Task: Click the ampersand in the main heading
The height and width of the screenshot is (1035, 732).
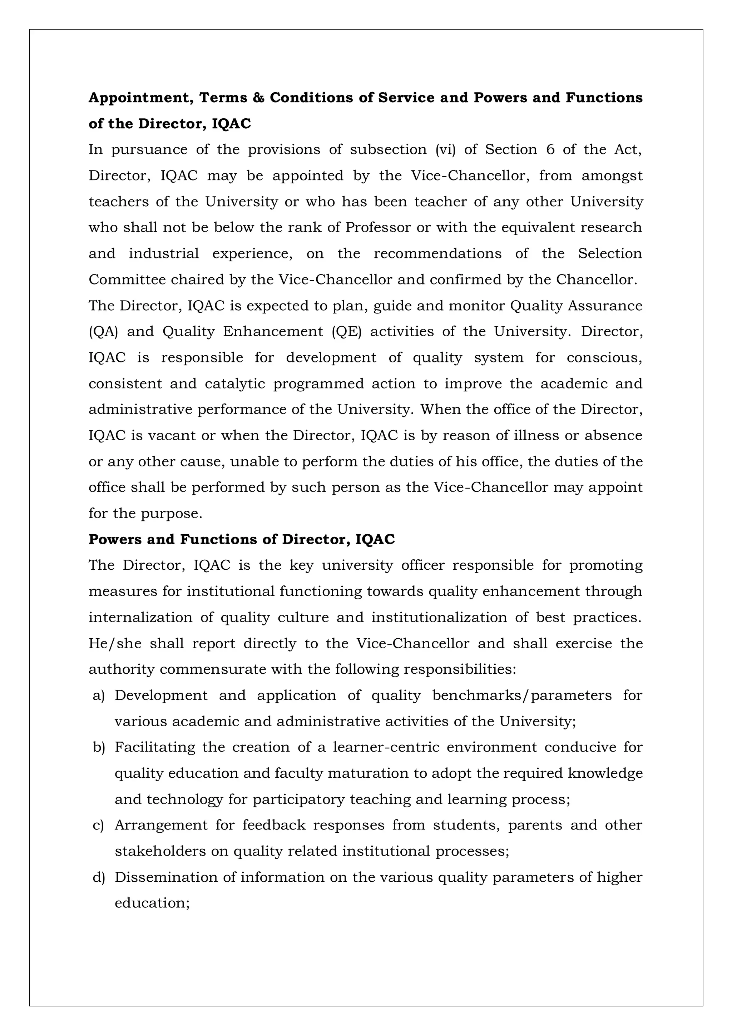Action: pos(258,98)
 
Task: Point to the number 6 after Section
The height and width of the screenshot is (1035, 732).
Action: pos(550,150)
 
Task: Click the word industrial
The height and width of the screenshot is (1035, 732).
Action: pos(164,254)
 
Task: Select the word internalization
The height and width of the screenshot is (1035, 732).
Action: pos(140,618)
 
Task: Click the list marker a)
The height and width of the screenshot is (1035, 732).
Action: pos(98,695)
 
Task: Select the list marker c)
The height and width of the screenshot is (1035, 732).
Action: pos(98,825)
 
